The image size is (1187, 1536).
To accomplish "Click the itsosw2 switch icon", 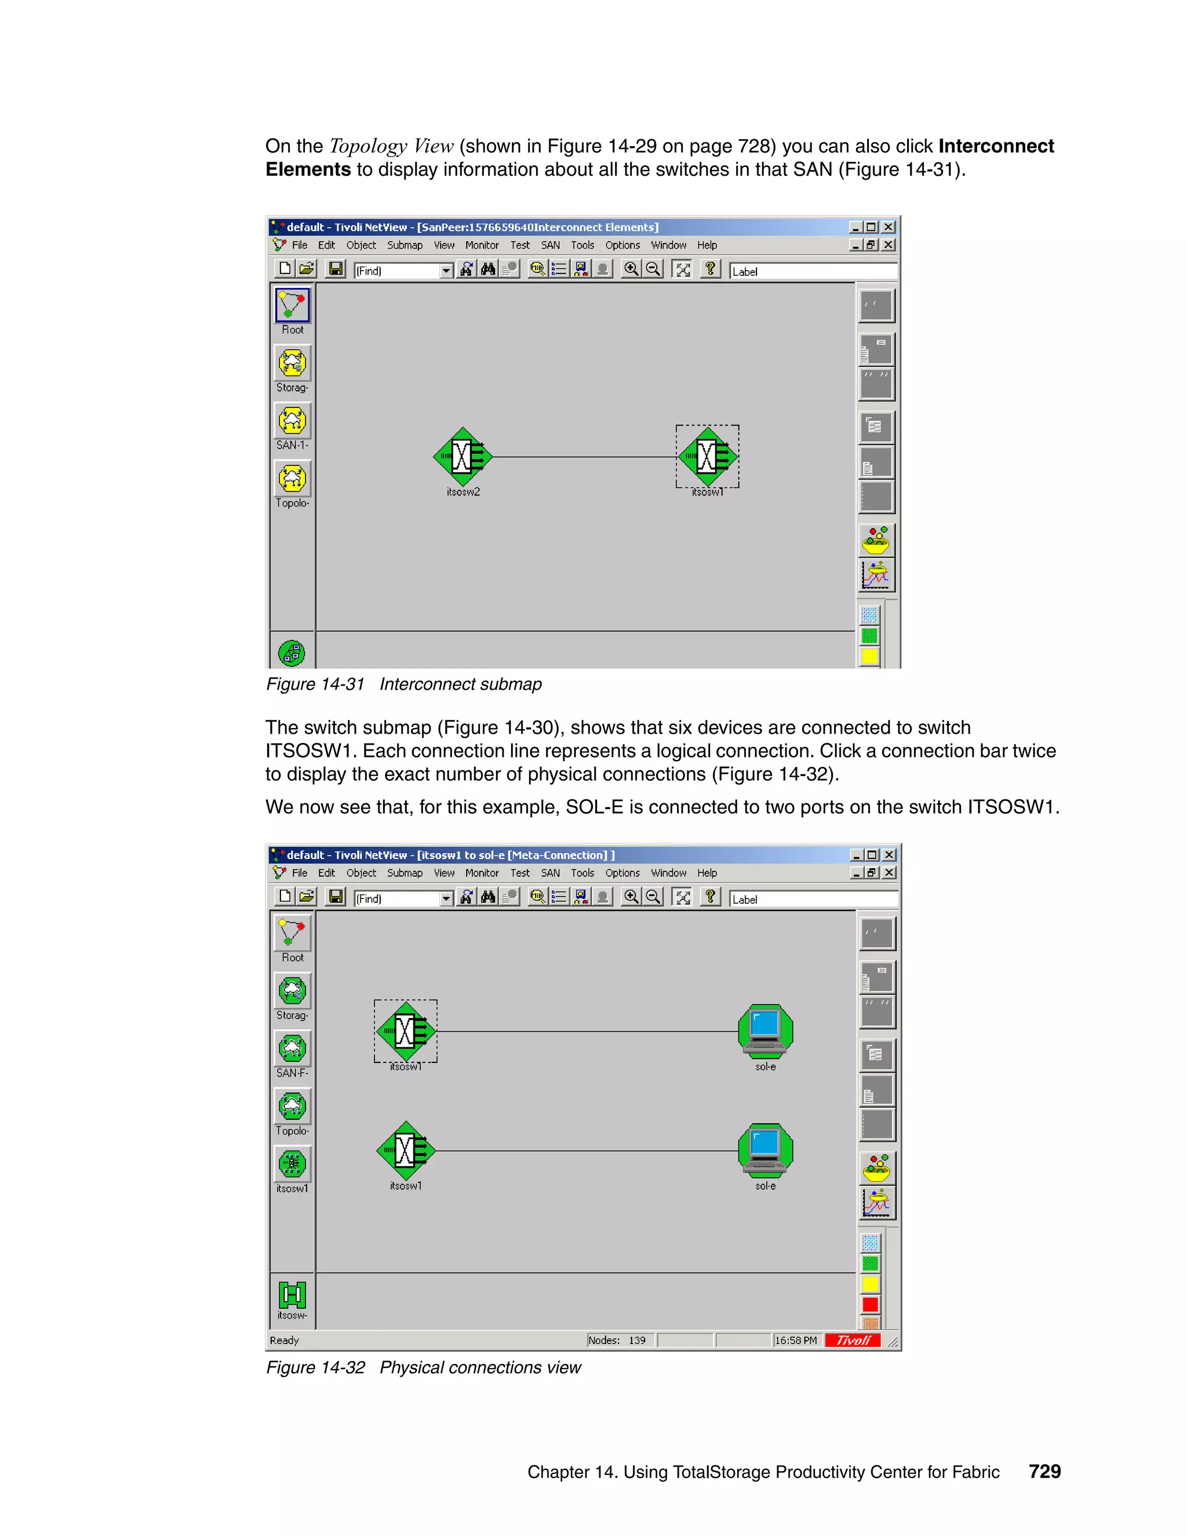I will (462, 456).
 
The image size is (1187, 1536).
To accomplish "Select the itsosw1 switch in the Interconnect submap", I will (707, 456).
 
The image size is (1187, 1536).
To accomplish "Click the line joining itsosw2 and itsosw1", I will (584, 457).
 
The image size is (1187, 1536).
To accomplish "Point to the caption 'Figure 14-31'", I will (315, 685).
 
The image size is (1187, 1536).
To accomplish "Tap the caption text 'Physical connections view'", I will (480, 1368).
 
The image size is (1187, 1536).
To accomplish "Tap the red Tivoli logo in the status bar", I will (853, 1341).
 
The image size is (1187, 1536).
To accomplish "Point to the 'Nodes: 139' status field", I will (617, 1341).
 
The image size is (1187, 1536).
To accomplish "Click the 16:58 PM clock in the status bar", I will (795, 1341).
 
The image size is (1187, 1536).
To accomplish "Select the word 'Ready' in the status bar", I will (284, 1341).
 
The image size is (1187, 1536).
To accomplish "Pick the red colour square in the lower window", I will (870, 1305).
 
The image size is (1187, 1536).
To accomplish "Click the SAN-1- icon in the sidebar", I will (293, 421).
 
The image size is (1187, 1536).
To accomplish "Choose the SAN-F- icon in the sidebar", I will (293, 1049).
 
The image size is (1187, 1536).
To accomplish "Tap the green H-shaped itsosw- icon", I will (293, 1295).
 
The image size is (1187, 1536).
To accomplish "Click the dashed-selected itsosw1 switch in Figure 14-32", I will (406, 1031).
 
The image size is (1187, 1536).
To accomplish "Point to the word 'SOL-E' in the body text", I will (594, 807).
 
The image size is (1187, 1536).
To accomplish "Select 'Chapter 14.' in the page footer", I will (571, 1472).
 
